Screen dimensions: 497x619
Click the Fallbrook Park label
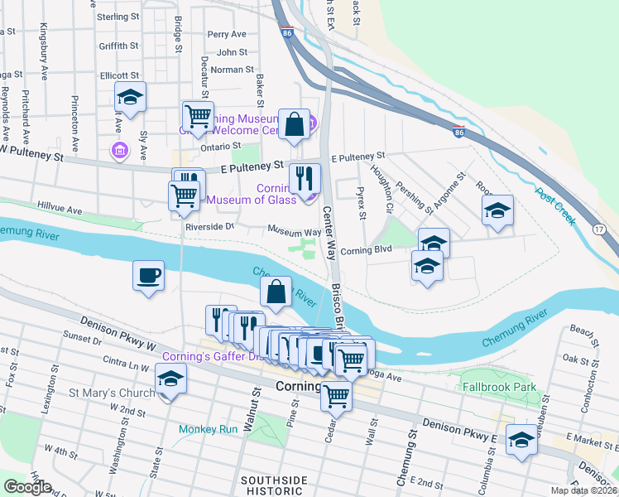[499, 387]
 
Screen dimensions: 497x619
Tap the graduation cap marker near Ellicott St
[131, 98]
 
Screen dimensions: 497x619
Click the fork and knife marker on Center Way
[305, 177]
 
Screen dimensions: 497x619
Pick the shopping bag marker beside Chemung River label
[276, 292]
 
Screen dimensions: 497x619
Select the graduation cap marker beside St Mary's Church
[171, 379]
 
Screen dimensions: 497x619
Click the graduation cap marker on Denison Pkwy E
[522, 440]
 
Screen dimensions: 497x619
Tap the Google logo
[27, 487]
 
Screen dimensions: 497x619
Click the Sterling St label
[118, 17]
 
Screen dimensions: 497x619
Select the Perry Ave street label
[227, 35]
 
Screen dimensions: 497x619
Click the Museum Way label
[294, 233]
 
